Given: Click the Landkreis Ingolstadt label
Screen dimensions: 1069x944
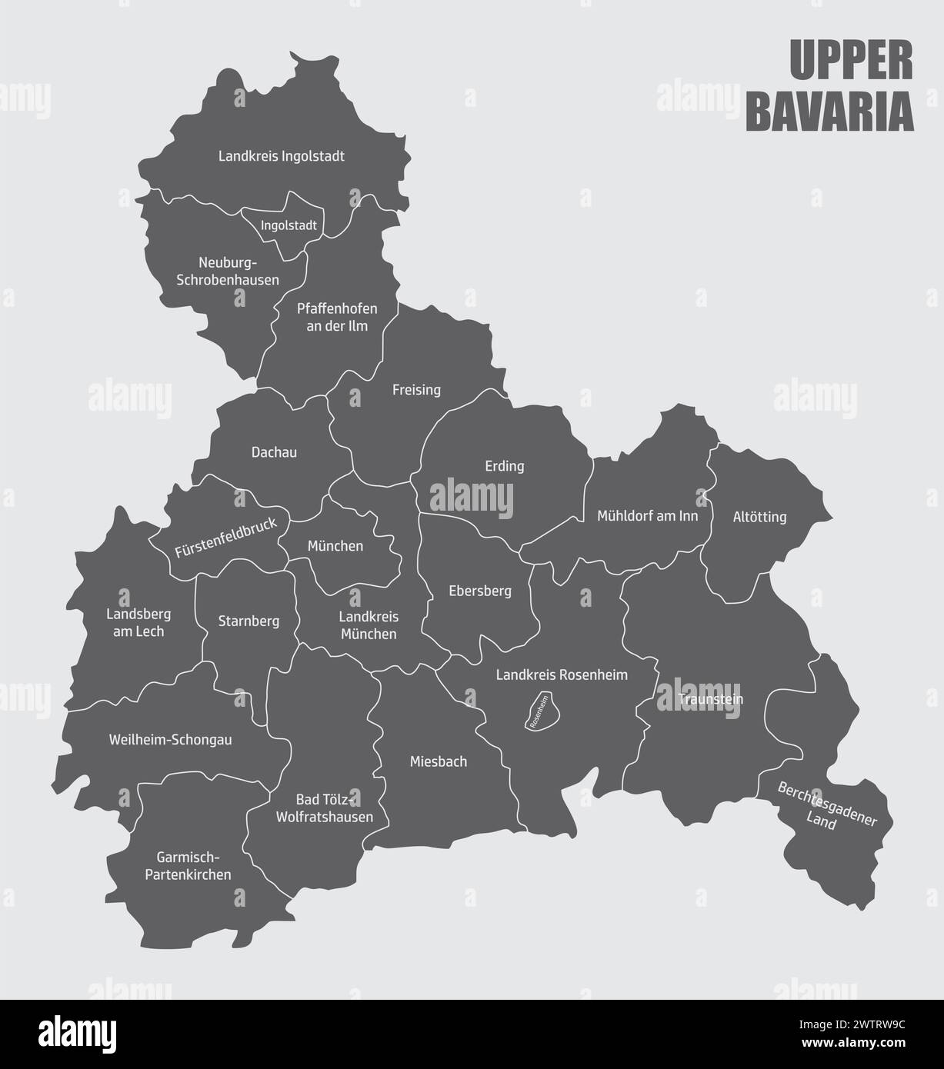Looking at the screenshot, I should pyautogui.click(x=282, y=156).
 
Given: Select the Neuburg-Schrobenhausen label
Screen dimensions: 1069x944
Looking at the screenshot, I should pyautogui.click(x=228, y=271).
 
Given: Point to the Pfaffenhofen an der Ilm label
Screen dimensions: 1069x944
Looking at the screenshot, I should pyautogui.click(x=337, y=317).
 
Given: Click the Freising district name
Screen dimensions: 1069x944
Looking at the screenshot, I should pyautogui.click(x=416, y=390).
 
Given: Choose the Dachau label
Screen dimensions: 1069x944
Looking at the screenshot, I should pyautogui.click(x=274, y=452).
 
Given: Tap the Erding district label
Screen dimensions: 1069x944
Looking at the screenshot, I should pyautogui.click(x=504, y=466).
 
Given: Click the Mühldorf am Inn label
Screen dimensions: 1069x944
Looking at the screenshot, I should pyautogui.click(x=648, y=515).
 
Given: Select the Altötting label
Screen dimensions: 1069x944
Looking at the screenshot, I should pyautogui.click(x=759, y=517).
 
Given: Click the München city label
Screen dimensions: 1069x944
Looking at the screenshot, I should pyautogui.click(x=335, y=546).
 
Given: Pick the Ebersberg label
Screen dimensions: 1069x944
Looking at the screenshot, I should pyautogui.click(x=480, y=591).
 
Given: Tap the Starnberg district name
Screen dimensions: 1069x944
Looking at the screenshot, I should pyautogui.click(x=249, y=621).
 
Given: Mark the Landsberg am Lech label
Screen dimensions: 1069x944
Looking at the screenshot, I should pyautogui.click(x=138, y=623).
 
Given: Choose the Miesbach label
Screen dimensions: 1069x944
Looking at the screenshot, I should pyautogui.click(x=437, y=762).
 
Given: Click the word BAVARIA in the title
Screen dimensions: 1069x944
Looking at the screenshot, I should pyautogui.click(x=830, y=112).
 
